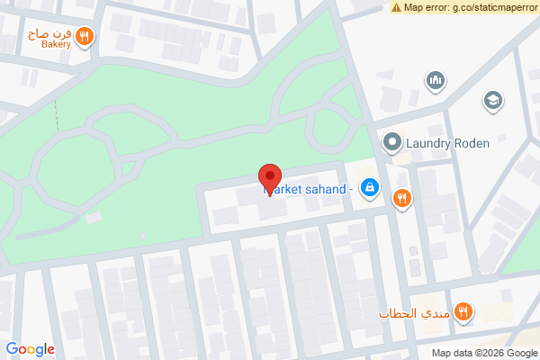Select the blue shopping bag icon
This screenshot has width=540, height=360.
(368, 188)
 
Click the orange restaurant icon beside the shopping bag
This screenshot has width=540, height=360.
(401, 198)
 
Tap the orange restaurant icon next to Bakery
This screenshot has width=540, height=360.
(84, 37)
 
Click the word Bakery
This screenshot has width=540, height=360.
(55, 43)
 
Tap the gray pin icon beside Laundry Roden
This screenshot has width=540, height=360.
(392, 142)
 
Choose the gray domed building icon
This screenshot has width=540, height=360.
(436, 81)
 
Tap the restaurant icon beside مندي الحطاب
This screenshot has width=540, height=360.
(463, 312)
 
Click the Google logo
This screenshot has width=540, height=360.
(30, 349)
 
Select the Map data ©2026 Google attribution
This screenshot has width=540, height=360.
(482, 352)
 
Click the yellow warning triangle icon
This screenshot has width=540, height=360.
(396, 7)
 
